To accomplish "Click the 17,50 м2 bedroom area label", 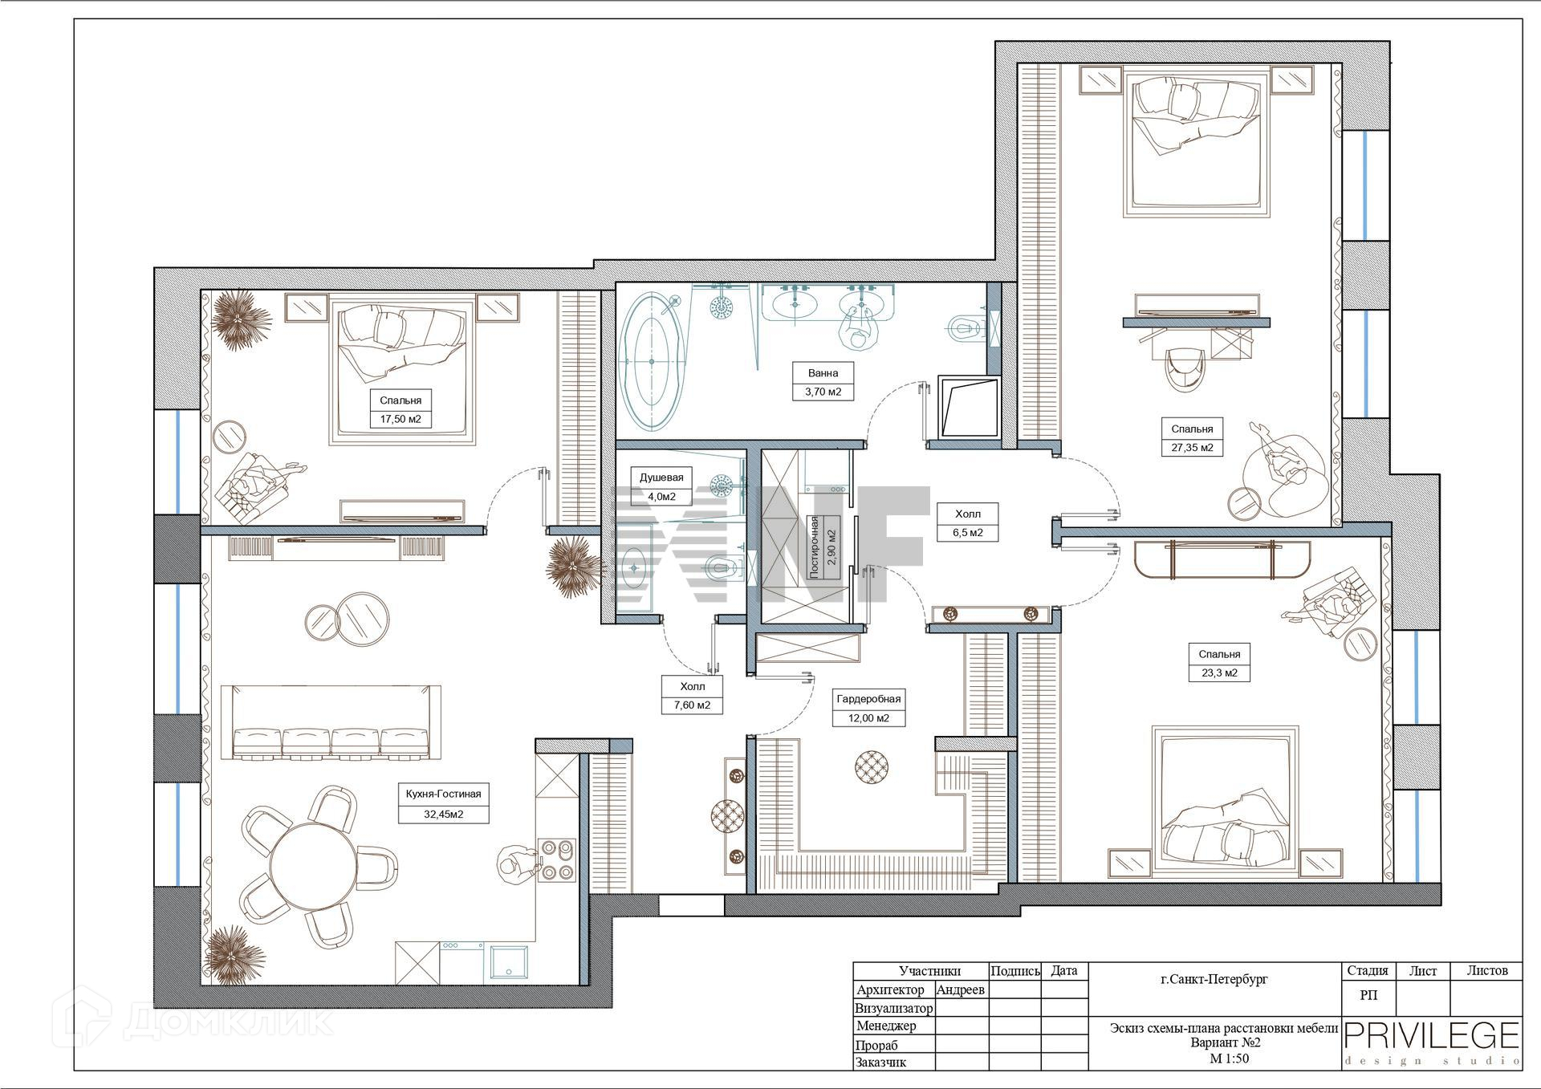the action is pyautogui.click(x=400, y=419).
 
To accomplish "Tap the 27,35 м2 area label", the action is pyautogui.click(x=1192, y=448).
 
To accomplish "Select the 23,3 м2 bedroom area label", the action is pyautogui.click(x=1219, y=673).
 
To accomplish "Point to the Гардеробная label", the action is pyautogui.click(x=868, y=698).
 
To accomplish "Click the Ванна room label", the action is pyautogui.click(x=823, y=372).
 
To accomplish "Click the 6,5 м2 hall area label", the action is pyautogui.click(x=968, y=532).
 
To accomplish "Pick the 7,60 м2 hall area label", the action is pyautogui.click(x=692, y=706).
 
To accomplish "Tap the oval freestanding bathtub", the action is pyautogui.click(x=651, y=362).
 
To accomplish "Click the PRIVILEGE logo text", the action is pyautogui.click(x=1432, y=1035).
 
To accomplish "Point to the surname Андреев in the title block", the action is pyautogui.click(x=961, y=989).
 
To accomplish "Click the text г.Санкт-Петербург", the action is pyautogui.click(x=1214, y=979).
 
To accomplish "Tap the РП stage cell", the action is pyautogui.click(x=1369, y=995).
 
